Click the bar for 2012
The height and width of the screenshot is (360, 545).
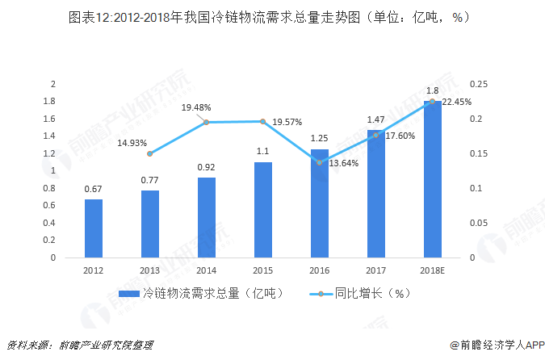[x=94, y=228]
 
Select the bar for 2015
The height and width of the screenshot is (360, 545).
[x=263, y=210]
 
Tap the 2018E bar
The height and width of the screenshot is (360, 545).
[x=433, y=179]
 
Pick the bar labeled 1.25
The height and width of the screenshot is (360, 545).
[x=320, y=203]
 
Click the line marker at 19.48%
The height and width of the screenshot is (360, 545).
[x=206, y=122]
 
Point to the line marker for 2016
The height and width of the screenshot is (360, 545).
[x=320, y=162]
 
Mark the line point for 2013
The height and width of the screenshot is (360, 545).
[x=150, y=153]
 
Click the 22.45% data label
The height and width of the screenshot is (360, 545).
[x=455, y=102]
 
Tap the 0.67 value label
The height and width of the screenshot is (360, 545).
[x=94, y=190]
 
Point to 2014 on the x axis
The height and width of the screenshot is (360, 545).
[x=207, y=270]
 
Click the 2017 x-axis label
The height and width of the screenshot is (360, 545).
[x=376, y=270]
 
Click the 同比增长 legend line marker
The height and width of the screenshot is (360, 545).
[x=321, y=294]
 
